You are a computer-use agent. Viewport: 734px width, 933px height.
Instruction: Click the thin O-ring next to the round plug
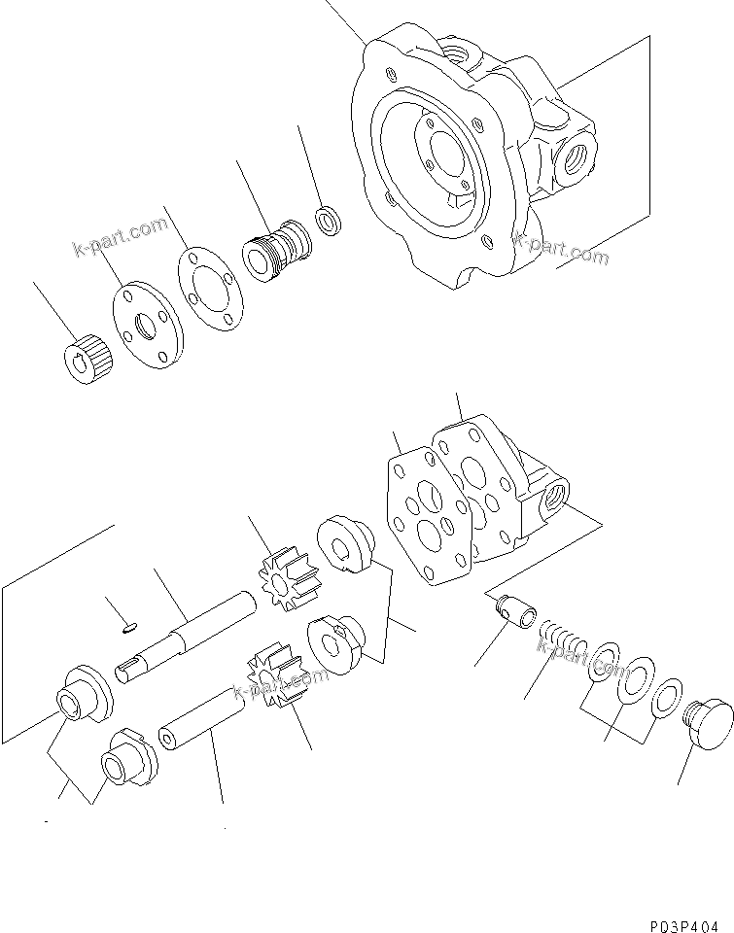(665, 699)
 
